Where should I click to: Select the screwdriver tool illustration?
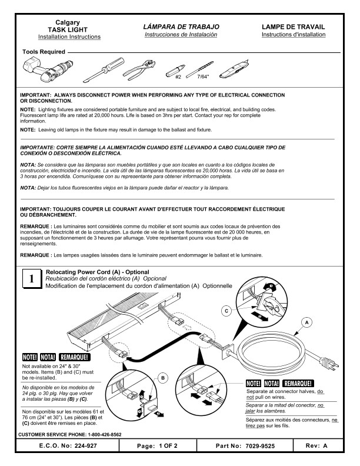point(104,69)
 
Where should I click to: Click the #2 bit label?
point(178,76)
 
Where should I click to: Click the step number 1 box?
point(31,279)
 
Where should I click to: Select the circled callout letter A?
point(305,322)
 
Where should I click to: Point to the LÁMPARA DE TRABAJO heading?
point(181,27)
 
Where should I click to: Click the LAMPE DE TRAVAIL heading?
point(294,27)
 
